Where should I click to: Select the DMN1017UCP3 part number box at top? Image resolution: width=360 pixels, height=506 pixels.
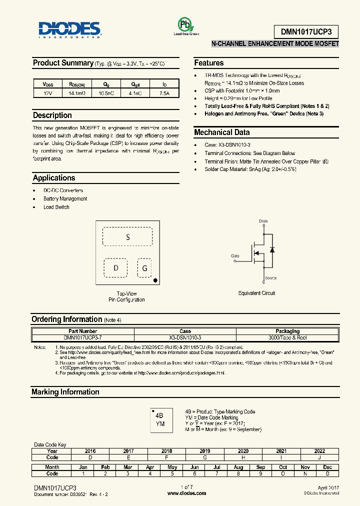(x=306, y=31)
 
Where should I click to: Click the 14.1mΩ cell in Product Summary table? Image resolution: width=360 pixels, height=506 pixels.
(x=77, y=93)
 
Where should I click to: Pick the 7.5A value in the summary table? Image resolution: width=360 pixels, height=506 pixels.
(x=164, y=93)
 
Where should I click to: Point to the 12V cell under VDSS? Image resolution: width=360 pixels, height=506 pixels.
(x=48, y=93)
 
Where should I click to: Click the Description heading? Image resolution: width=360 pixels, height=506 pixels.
(x=52, y=115)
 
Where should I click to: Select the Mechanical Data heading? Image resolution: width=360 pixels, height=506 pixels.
(x=221, y=132)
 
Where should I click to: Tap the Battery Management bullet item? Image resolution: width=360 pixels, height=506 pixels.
(x=65, y=198)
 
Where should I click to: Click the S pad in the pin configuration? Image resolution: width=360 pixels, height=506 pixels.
(x=127, y=237)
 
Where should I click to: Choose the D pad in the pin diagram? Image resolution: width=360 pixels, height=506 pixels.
(x=116, y=267)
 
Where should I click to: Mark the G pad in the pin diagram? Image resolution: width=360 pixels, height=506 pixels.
(x=144, y=268)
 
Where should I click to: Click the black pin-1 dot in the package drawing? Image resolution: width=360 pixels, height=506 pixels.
(x=156, y=280)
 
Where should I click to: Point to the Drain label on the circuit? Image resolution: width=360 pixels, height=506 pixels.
(x=263, y=220)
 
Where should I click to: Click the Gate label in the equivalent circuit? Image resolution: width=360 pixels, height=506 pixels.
(x=235, y=255)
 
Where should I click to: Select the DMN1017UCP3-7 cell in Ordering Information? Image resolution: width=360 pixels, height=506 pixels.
(x=83, y=337)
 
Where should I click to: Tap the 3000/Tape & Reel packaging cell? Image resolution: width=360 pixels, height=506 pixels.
(x=287, y=337)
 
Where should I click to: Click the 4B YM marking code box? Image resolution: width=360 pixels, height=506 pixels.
(x=160, y=419)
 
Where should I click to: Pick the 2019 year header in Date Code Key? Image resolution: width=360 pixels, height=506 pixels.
(x=205, y=451)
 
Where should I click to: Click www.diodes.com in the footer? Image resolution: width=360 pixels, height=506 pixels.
(x=186, y=493)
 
